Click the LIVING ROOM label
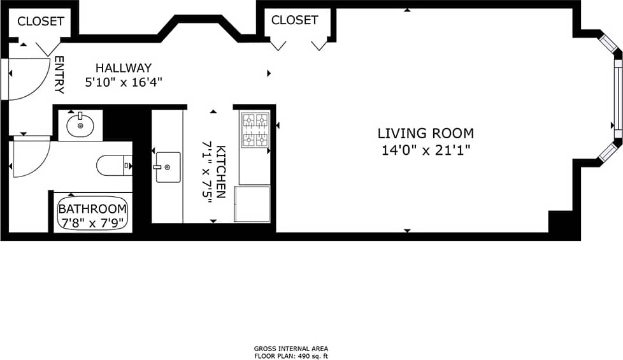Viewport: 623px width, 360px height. [426, 133]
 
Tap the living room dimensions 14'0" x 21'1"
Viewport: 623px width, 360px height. [426, 150]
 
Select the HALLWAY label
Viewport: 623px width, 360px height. [124, 68]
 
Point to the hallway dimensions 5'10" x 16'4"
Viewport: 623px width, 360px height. [124, 82]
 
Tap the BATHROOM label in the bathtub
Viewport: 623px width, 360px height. [93, 209]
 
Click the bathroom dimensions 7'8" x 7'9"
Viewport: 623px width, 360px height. [93, 222]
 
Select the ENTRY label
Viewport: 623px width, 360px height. [59, 75]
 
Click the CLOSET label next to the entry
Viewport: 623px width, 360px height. [40, 21]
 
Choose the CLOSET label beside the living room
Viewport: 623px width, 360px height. [294, 20]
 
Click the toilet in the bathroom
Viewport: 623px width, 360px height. [113, 166]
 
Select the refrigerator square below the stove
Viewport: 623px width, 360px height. [252, 204]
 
